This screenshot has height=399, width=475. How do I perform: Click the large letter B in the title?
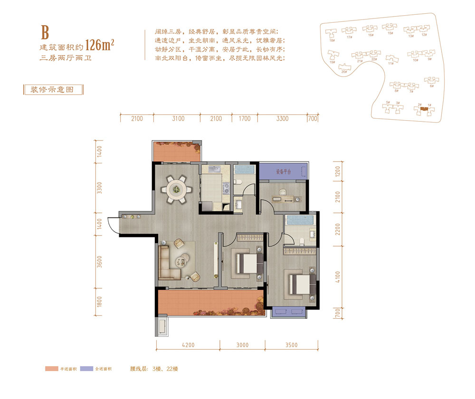pyautogui.click(x=45, y=33)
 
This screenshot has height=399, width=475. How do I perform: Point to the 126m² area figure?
pyautogui.click(x=100, y=46)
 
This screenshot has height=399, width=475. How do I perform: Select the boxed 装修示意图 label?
pyautogui.click(x=53, y=90)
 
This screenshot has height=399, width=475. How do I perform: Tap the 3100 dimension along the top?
pyautogui.click(x=178, y=119)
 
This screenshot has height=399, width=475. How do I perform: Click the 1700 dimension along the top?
pyautogui.click(x=245, y=119)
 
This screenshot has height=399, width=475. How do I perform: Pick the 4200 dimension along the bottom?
pyautogui.click(x=188, y=345)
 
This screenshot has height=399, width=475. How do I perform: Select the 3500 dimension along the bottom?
pyautogui.click(x=290, y=345)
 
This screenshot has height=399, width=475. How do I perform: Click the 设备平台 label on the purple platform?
pyautogui.click(x=284, y=171)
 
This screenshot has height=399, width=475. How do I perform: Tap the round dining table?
pyautogui.click(x=176, y=190)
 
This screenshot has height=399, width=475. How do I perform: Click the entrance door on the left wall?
pyautogui.click(x=112, y=225)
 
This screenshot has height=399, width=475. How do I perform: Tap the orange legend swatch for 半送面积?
pyautogui.click(x=51, y=369)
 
